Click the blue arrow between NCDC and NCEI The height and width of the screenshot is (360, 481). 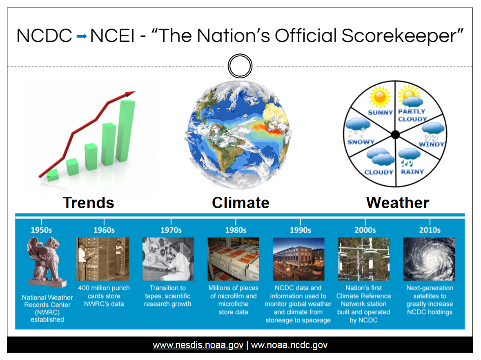(x=82, y=36)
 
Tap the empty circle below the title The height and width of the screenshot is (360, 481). (x=240, y=55)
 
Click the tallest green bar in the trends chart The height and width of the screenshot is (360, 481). (x=125, y=131)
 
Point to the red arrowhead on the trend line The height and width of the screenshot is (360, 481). (x=130, y=93)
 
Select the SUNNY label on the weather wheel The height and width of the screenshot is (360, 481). (x=381, y=113)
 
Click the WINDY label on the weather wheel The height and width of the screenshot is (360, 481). (x=432, y=144)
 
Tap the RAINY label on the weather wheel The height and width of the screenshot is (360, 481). (x=412, y=172)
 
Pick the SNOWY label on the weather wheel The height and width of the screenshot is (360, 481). (x=361, y=142)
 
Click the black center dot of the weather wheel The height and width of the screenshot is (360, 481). (x=395, y=134)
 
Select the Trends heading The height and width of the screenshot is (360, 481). (x=88, y=203)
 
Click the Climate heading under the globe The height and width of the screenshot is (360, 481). (x=240, y=203)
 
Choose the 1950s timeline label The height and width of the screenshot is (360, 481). (x=41, y=230)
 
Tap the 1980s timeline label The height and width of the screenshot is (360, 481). (x=236, y=230)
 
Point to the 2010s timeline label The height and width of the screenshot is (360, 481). (x=430, y=230)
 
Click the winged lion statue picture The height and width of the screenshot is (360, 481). (x=47, y=262)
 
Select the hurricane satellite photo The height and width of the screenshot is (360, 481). (x=429, y=259)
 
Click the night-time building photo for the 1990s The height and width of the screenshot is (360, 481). (x=298, y=259)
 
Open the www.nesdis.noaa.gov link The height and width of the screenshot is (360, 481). (x=198, y=345)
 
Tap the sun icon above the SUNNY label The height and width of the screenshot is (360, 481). (x=380, y=97)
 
